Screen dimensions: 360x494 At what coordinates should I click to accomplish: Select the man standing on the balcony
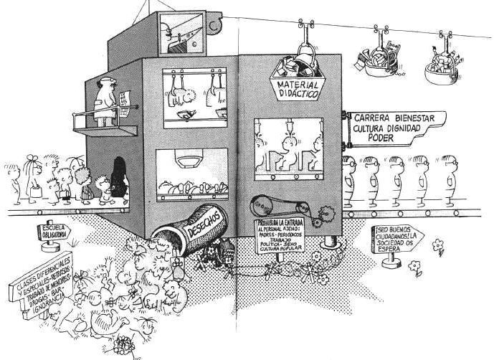(106, 100)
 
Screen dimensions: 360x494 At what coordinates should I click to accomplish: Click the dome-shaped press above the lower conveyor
(191, 161)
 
